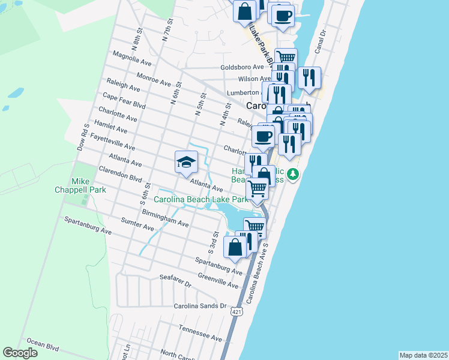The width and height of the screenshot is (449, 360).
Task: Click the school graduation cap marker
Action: pos(186,161)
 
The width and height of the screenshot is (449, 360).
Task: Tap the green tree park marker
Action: pos(292,174)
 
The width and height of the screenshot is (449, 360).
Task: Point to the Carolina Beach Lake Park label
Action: pos(200,199)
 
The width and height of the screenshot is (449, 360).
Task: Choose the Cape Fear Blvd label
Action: pos(124,100)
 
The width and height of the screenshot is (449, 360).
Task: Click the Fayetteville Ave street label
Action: pos(112,141)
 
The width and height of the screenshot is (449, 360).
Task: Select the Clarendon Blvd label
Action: pos(120,174)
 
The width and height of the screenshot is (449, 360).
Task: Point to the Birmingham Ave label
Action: pos(165,219)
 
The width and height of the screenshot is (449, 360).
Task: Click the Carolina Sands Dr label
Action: pos(200,305)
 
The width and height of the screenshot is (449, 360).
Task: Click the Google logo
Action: pos(20,353)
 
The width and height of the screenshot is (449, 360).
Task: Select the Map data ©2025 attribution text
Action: pos(423,355)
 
